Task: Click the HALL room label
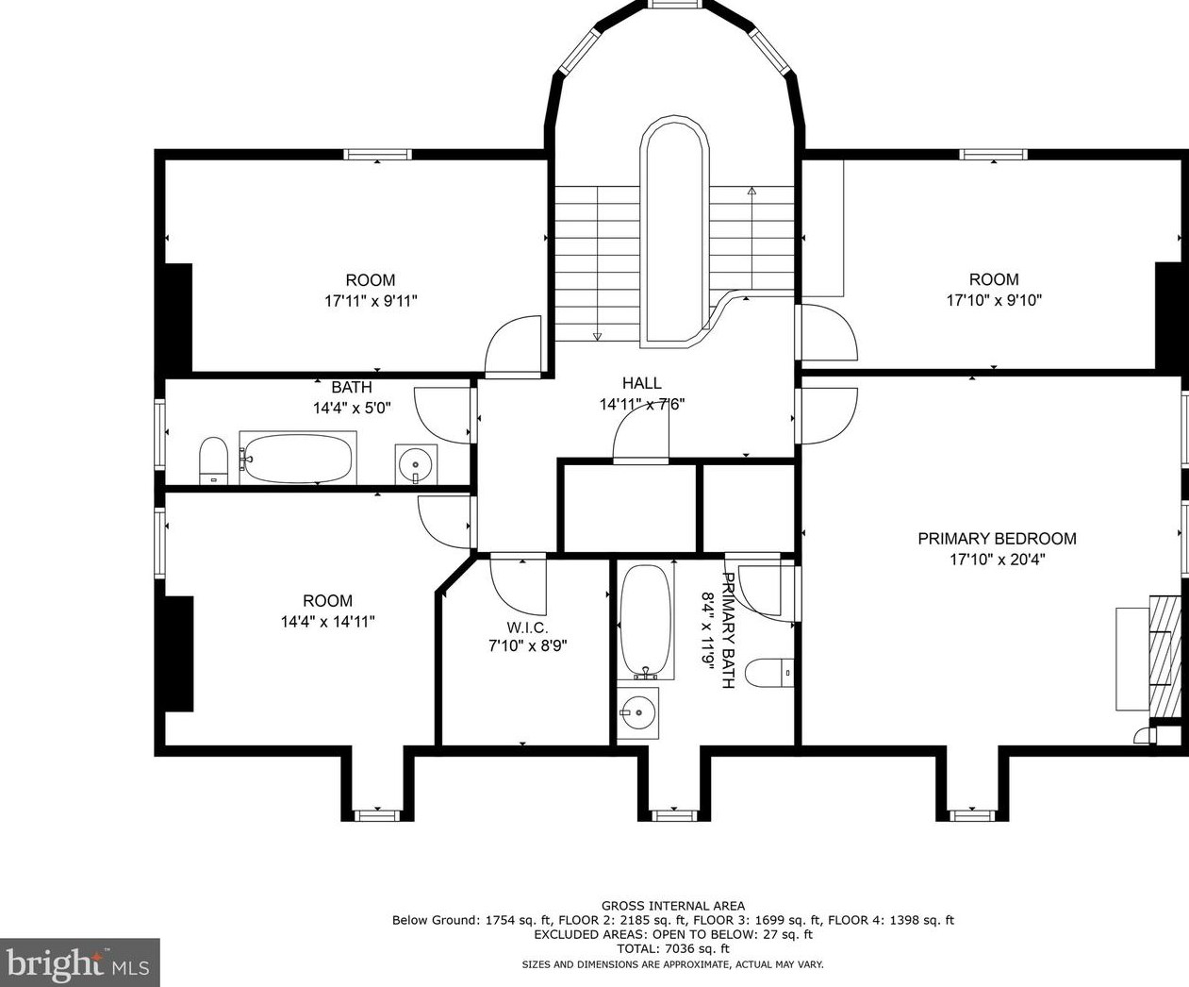click(642, 383)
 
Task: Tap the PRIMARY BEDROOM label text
click(997, 539)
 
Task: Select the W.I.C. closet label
click(527, 628)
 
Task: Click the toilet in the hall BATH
click(213, 460)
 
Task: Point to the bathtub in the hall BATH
click(296, 459)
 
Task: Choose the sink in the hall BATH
click(416, 464)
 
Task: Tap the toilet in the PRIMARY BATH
click(769, 674)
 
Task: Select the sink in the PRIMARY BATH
click(637, 713)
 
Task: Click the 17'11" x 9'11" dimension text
click(372, 300)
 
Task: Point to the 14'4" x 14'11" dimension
click(327, 621)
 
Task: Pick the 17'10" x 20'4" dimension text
click(997, 559)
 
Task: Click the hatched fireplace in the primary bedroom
click(1165, 656)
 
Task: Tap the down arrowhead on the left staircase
click(597, 336)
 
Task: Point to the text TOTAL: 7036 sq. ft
click(672, 949)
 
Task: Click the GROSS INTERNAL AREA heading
click(673, 906)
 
